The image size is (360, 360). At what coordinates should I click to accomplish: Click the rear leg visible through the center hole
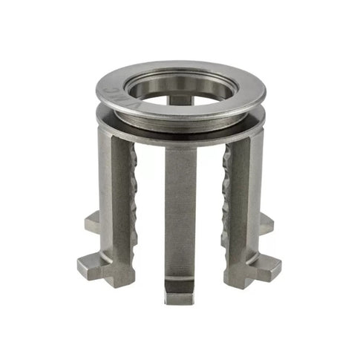tap(180, 97)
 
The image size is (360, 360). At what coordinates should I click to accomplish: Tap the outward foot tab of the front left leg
tap(91, 265)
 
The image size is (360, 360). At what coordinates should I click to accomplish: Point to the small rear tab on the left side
tap(92, 221)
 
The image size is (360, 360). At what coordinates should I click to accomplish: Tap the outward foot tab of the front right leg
tap(269, 266)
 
